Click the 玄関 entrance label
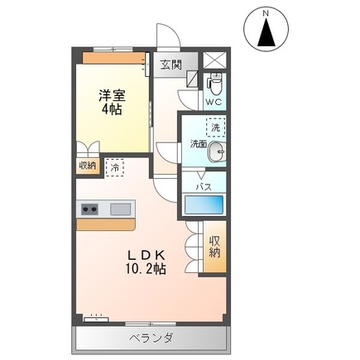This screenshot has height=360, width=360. (170, 64)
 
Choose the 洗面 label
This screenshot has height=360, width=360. (198, 143)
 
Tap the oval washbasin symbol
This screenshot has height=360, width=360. (217, 151)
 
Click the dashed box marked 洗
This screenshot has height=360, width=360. (215, 127)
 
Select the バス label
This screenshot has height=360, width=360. (203, 187)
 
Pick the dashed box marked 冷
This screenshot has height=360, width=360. (114, 166)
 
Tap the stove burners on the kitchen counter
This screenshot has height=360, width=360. (89, 209)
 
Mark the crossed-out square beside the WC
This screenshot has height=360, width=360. (214, 60)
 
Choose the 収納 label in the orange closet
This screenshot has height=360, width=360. (214, 246)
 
